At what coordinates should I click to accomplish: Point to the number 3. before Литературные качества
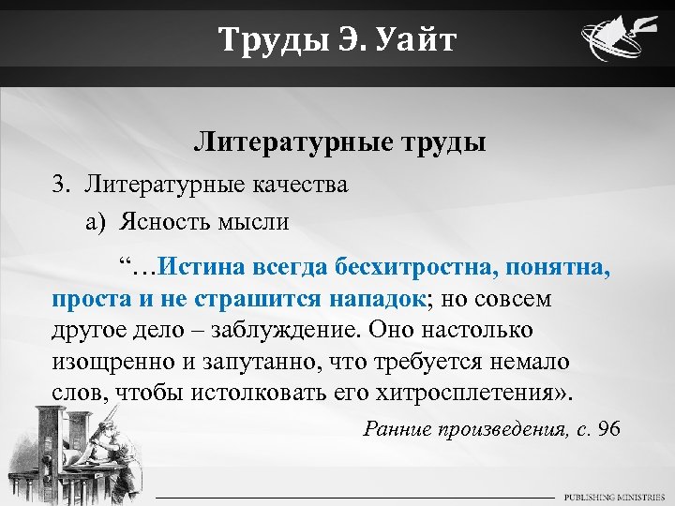pos(62,184)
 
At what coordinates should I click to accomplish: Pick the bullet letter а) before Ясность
pos(97,222)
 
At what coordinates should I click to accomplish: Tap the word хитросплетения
pos(464,392)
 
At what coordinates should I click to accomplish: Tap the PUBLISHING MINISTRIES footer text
pos(614,496)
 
